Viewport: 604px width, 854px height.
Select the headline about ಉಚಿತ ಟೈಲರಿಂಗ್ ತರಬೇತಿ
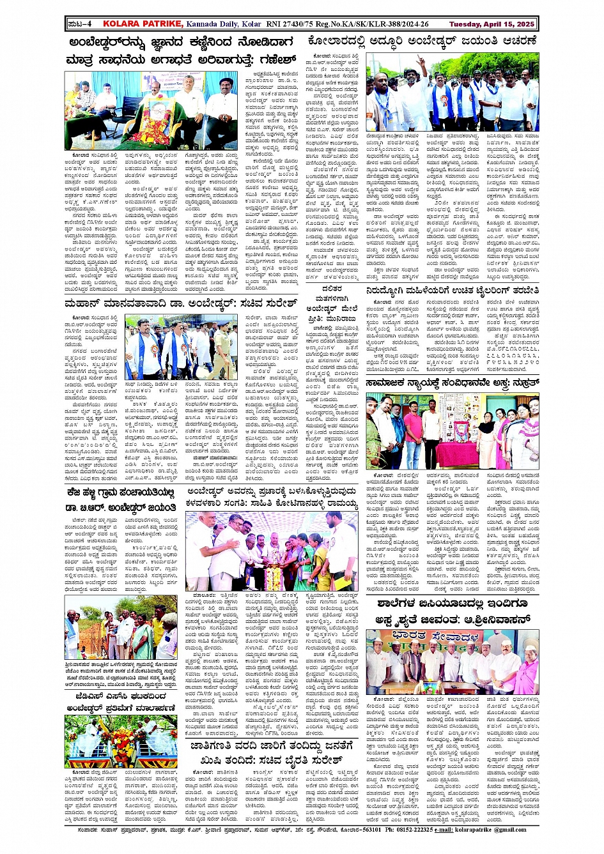(x=453, y=274)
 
